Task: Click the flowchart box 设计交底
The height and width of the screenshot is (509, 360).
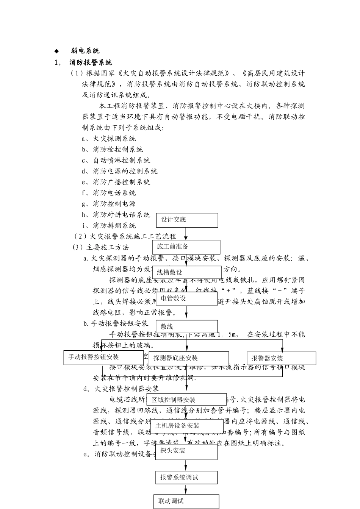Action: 187,220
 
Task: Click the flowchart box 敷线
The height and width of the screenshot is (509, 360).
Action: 186,326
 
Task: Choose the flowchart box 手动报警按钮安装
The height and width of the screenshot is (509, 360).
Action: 103,357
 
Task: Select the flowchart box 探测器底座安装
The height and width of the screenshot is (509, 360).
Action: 189,358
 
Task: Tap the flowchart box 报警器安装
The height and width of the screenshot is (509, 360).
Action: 281,358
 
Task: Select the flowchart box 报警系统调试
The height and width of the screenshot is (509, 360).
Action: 186,478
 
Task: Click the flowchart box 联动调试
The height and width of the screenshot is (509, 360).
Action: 186,501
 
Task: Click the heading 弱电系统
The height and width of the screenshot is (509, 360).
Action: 85,51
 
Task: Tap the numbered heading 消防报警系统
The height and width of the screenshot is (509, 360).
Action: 91,62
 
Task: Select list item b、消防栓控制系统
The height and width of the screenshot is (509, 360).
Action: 113,150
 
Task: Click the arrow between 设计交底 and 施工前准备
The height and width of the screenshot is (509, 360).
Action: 186,233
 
